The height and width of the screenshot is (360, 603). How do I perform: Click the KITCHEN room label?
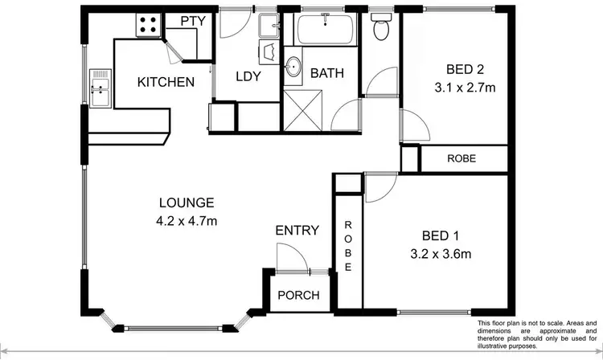166,82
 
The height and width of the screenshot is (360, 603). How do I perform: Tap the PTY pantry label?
189,22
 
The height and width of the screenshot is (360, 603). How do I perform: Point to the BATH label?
327,73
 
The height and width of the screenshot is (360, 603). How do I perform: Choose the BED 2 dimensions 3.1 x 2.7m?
454,87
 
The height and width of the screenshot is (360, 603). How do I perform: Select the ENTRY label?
297,231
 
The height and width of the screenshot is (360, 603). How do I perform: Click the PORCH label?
297,295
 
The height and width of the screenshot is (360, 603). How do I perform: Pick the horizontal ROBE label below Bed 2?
461,158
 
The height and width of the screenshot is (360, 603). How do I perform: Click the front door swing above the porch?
289,259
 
